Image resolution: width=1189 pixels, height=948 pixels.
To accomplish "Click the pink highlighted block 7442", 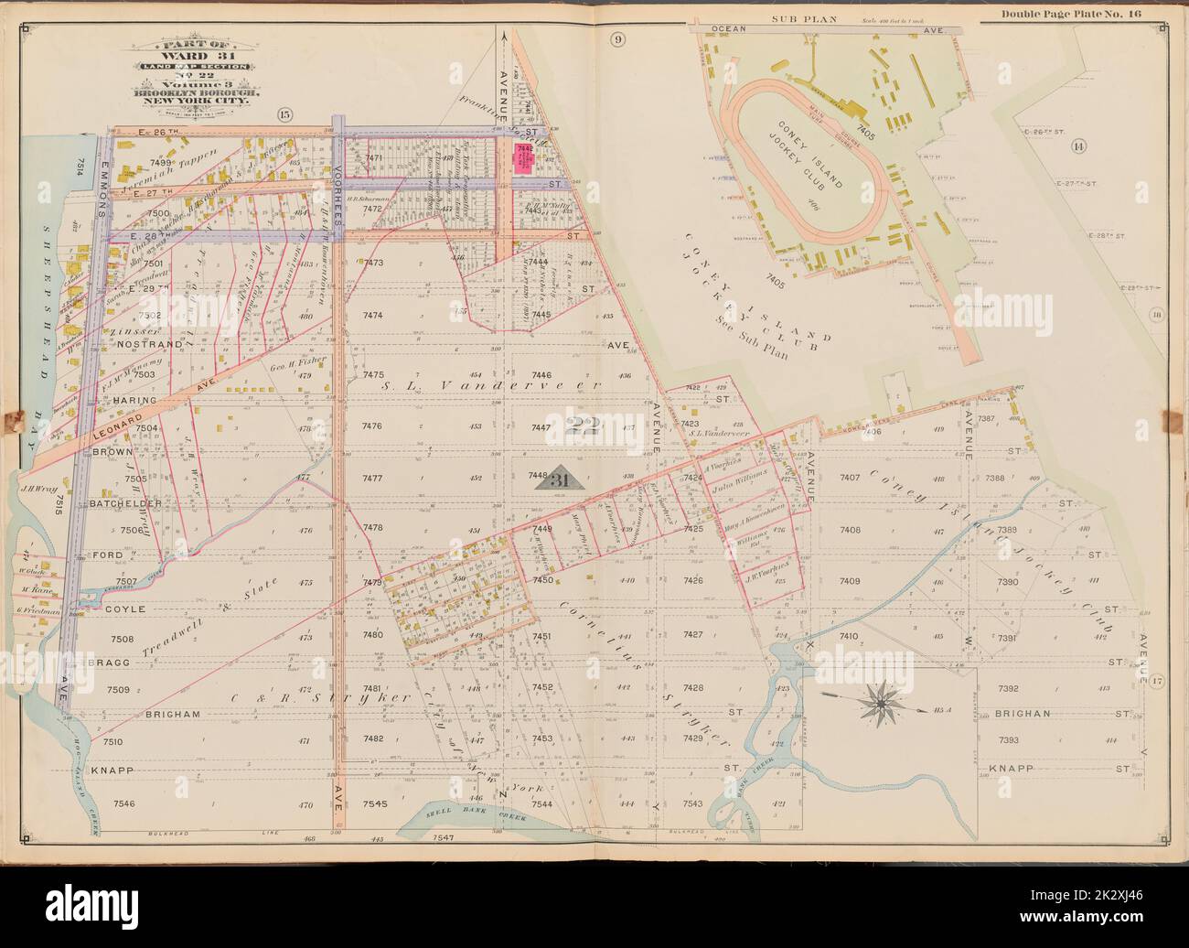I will [x=525, y=158].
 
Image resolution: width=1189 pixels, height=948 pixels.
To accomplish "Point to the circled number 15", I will [x=284, y=113].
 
